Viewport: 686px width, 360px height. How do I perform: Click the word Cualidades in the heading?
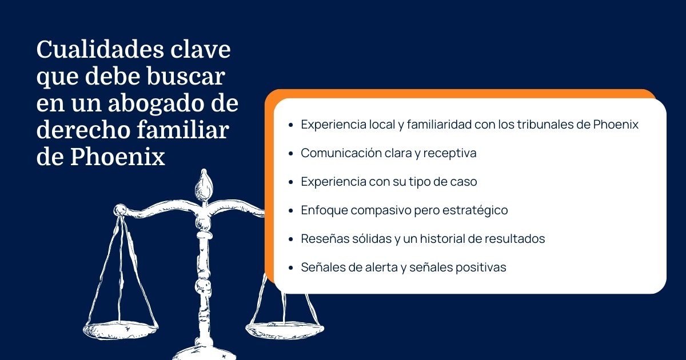coord(100,49)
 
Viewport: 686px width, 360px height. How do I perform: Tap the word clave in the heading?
coord(200,49)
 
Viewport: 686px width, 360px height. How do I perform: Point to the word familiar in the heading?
coord(183,130)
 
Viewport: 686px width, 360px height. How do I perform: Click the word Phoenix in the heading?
coord(118,157)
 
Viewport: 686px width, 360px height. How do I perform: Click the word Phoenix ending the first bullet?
coord(616,125)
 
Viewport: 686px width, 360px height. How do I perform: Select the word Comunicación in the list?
coord(341,153)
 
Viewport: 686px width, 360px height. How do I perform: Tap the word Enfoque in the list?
coord(324,211)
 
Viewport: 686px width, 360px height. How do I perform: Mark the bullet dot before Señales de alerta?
coord(291,268)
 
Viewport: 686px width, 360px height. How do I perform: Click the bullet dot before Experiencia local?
coord(291,125)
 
